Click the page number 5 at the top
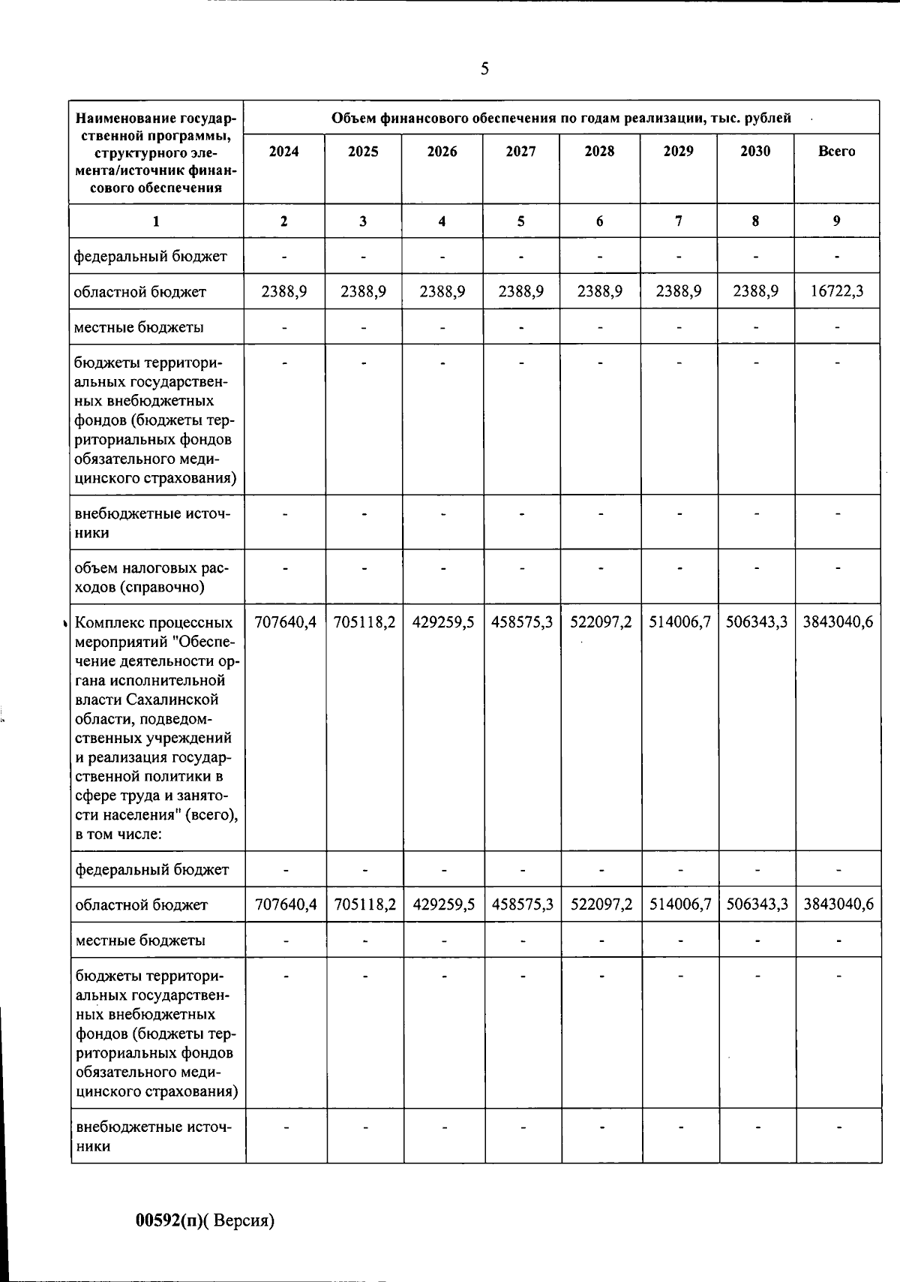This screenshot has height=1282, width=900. [484, 69]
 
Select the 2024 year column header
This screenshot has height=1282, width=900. [283, 152]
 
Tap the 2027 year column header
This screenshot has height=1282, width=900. [520, 152]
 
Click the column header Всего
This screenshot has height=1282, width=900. [836, 152]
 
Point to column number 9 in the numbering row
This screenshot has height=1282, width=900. [836, 221]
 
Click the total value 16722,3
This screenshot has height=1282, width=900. [836, 292]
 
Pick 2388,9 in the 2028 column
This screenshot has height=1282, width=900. [600, 292]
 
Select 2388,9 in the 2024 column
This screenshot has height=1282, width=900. [283, 292]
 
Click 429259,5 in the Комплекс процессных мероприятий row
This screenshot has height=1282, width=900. [443, 623]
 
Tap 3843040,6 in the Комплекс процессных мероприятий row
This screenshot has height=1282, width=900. [838, 623]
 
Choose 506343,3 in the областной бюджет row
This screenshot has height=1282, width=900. [757, 905]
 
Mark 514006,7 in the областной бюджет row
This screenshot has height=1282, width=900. [679, 905]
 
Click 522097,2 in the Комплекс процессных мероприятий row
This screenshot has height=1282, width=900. [601, 623]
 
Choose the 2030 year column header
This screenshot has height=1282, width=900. [755, 152]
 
